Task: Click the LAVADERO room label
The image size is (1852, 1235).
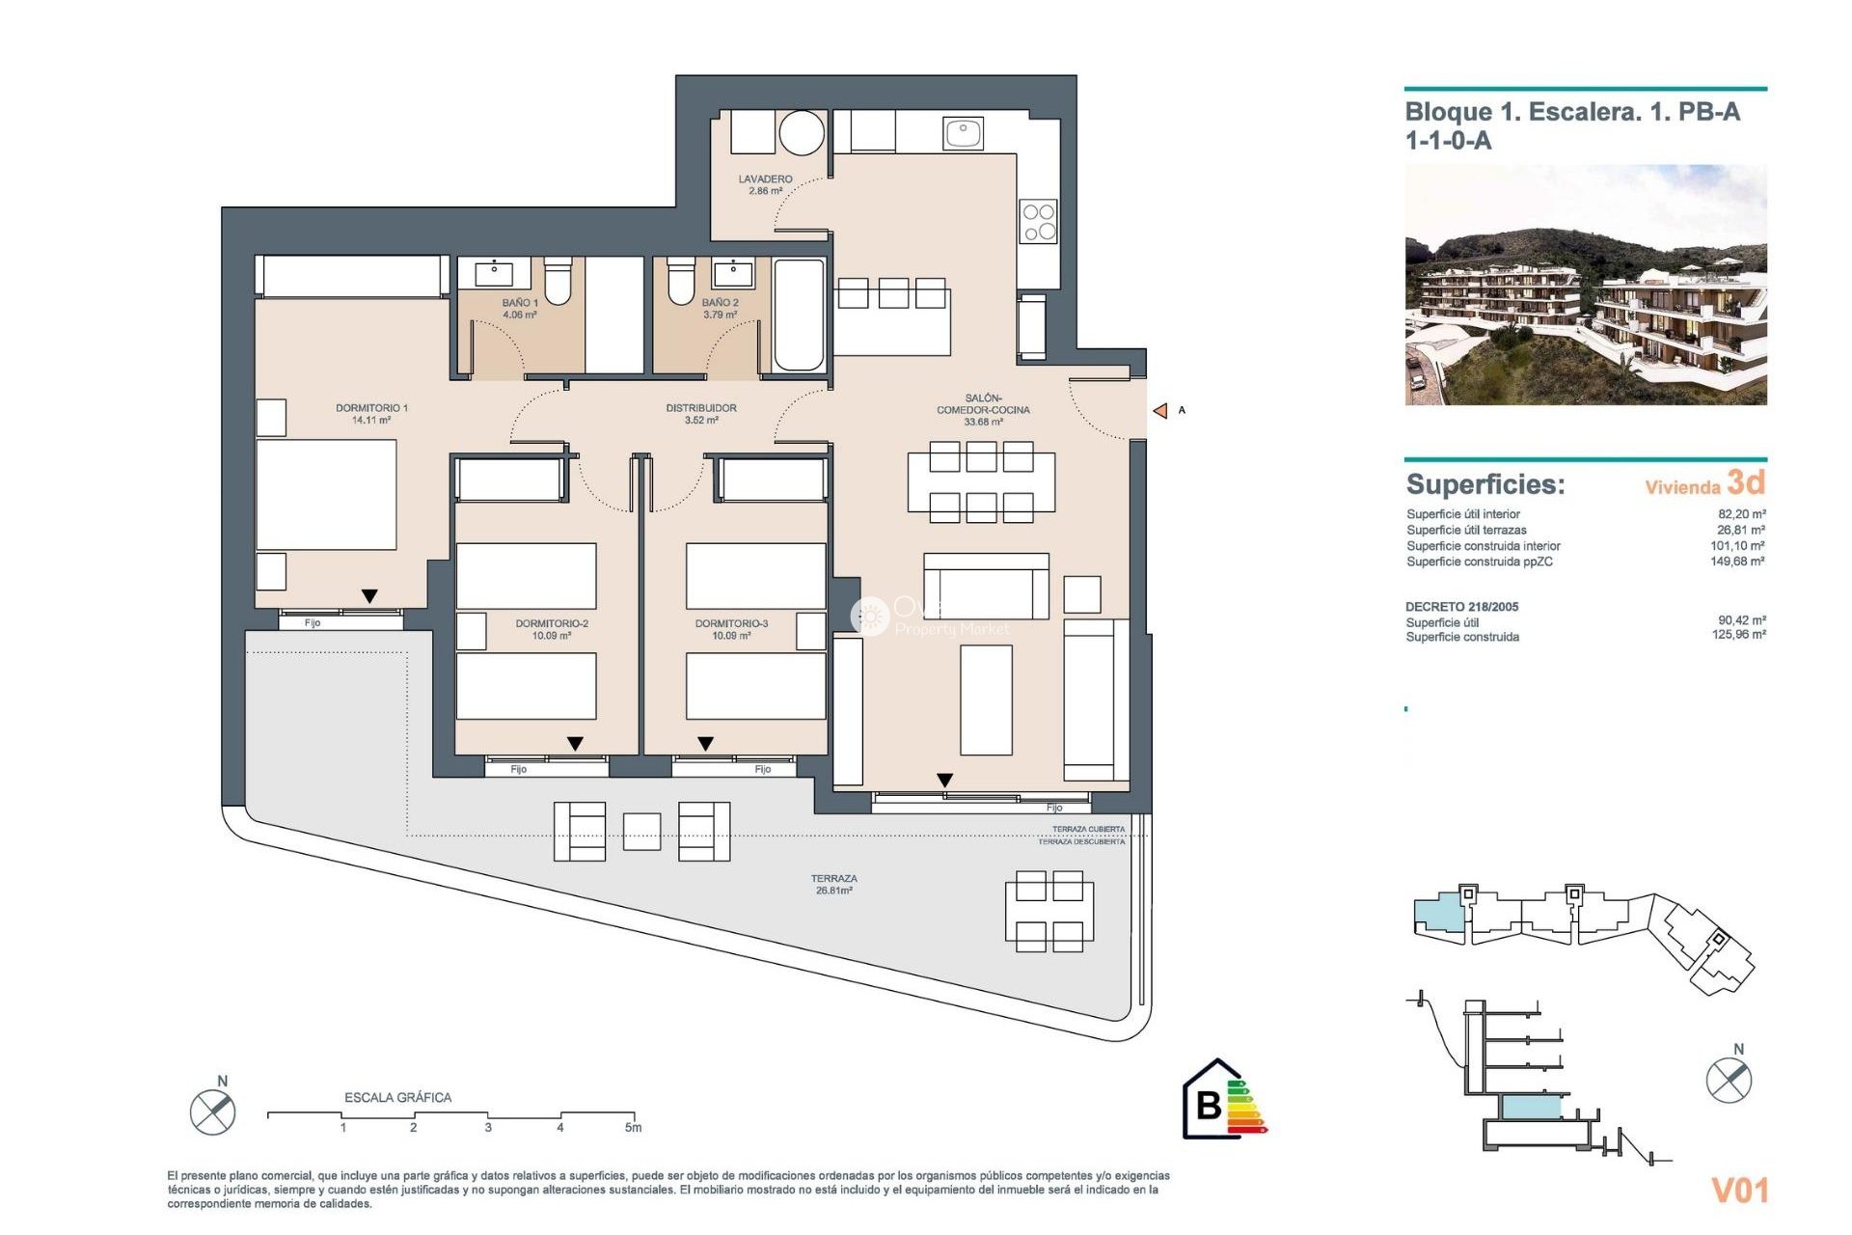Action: pos(765,184)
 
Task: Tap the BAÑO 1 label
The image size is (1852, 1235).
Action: pos(520,308)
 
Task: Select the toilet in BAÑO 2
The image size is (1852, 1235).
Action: pos(681,279)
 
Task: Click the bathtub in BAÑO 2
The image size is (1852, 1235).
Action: pos(799,315)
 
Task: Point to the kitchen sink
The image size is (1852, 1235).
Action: pos(963,132)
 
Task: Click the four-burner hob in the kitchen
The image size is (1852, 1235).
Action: pos(1039,222)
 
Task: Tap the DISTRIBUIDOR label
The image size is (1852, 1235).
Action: pos(701,413)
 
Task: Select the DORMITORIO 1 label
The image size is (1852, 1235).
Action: pos(371,413)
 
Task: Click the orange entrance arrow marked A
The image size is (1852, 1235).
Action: pos(1160,411)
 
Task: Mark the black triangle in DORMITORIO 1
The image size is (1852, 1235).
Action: pos(369,596)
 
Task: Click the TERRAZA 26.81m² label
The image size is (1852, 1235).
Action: pos(833,884)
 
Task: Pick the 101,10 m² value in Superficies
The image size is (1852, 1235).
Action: pos(1737,546)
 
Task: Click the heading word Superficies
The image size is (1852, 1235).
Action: pos(1485,484)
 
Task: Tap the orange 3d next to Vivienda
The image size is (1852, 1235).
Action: pos(1745,481)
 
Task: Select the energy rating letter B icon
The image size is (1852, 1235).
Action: pos(1210,1104)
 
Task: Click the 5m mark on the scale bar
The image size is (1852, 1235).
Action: pos(633,1126)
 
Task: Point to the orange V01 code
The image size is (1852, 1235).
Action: pos(1739,1191)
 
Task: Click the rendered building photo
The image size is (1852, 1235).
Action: pos(1585,285)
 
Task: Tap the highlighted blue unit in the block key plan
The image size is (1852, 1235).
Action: pos(1437,913)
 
